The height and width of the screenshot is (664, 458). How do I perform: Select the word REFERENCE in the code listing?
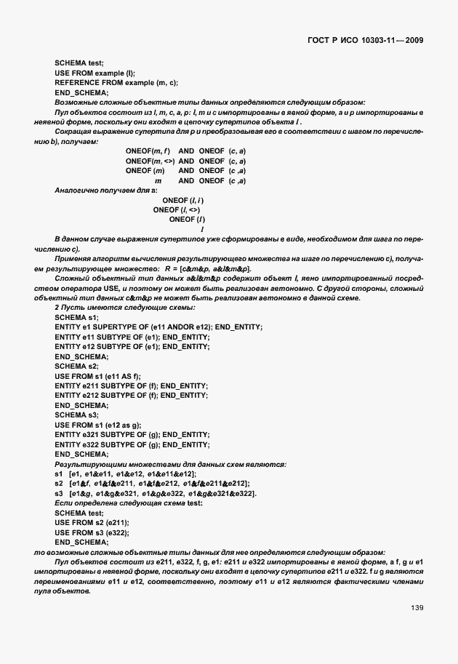click(x=76, y=83)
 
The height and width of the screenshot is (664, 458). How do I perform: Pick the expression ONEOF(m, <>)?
click(x=150, y=160)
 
